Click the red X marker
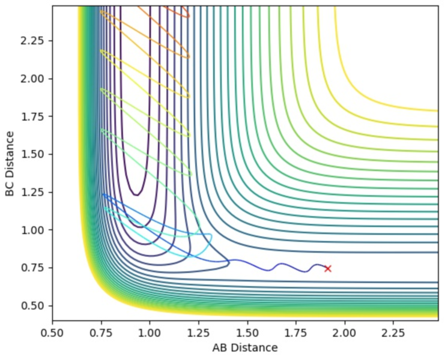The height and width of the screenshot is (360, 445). click(328, 268)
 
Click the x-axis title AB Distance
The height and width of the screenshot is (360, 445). click(245, 348)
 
